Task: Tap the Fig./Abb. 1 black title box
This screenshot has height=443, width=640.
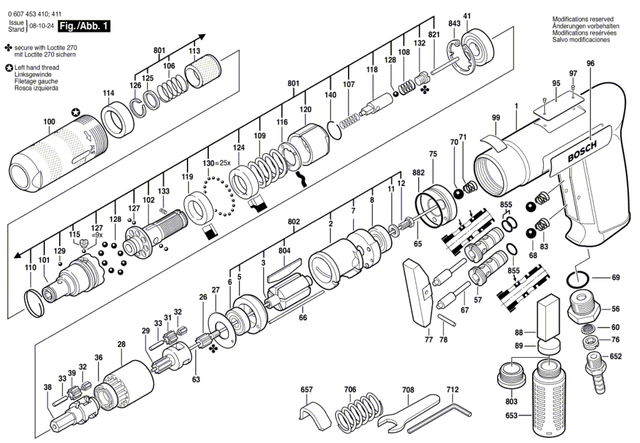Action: point(84,26)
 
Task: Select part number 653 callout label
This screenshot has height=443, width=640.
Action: point(511,415)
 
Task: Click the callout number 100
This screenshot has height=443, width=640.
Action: point(49,122)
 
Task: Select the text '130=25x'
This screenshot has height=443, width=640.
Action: point(216,163)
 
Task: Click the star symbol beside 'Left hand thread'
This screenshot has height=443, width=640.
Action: point(9,68)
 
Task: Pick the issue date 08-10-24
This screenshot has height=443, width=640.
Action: point(42,26)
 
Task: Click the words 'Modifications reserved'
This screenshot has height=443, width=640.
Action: point(583,19)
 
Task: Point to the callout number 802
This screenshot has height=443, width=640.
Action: point(294,222)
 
